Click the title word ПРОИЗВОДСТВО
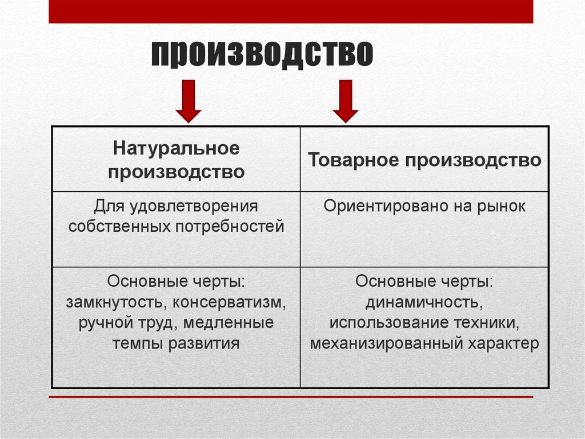(x=262, y=55)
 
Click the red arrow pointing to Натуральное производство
(x=188, y=100)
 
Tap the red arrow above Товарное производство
(x=344, y=100)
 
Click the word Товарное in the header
(x=350, y=160)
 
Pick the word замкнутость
(x=117, y=302)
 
